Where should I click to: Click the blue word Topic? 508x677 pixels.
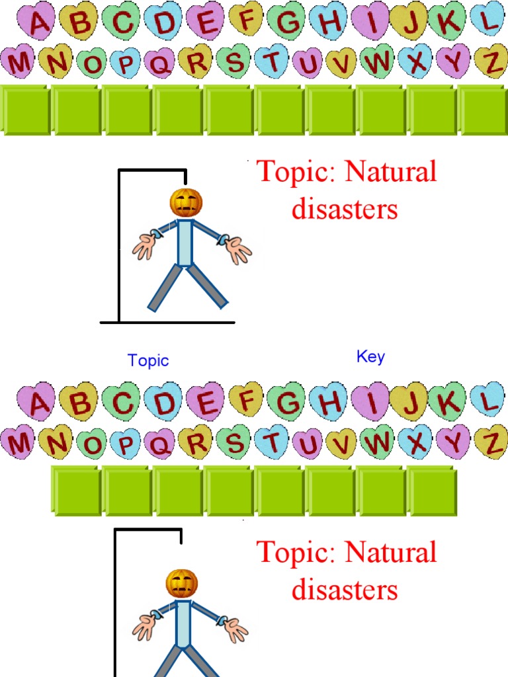pos(148,360)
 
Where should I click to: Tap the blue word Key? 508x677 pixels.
pos(370,356)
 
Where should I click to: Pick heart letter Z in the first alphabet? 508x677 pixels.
pos(490,61)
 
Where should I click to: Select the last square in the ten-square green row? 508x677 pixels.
pos(483,110)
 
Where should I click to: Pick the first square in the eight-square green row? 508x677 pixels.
pos(76,491)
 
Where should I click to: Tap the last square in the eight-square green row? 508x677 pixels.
pos(432,491)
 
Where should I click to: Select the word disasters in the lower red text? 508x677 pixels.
pos(345,590)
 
